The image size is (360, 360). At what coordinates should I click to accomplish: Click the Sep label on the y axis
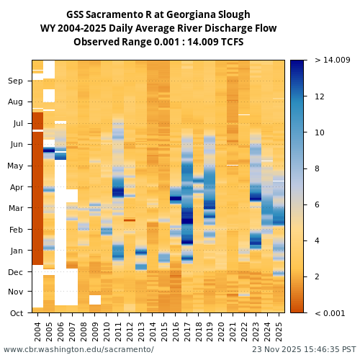pyautogui.click(x=15, y=81)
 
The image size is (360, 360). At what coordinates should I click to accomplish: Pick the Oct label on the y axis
pyautogui.click(x=16, y=312)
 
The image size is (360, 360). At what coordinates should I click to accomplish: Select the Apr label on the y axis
pyautogui.click(x=16, y=187)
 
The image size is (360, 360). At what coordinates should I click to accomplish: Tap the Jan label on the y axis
pyautogui.click(x=16, y=251)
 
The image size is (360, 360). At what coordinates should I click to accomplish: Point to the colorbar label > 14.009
pyautogui.click(x=332, y=60)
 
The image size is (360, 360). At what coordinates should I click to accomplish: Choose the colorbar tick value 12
pyautogui.click(x=320, y=96)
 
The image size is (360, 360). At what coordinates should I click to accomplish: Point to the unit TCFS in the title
pyautogui.click(x=230, y=42)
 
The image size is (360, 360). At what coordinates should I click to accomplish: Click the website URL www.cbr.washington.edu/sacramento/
pyautogui.click(x=78, y=349)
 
